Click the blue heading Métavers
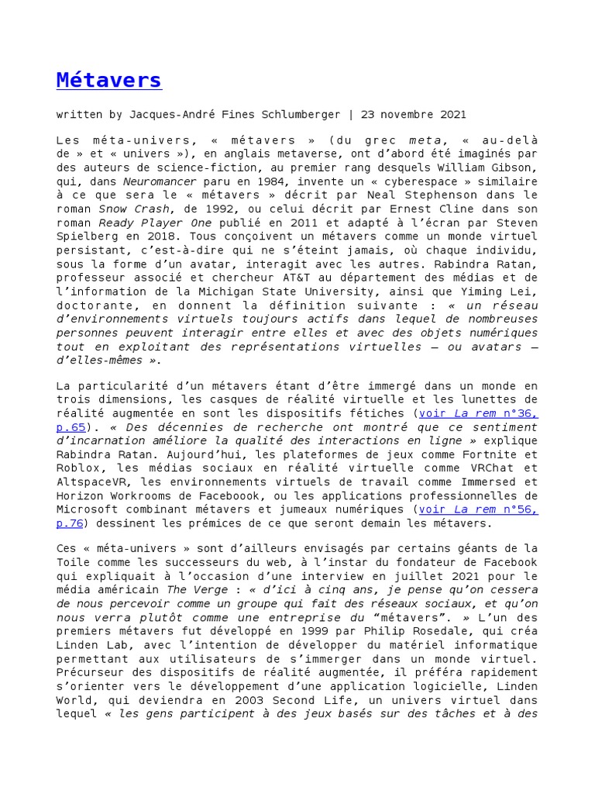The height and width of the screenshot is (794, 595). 108,80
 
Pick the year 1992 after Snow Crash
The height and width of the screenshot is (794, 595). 218,209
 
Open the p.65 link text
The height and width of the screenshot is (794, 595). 72,427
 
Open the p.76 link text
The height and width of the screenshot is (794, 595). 72,523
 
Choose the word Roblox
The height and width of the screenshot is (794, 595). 76,468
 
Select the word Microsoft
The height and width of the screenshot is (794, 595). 85,510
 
